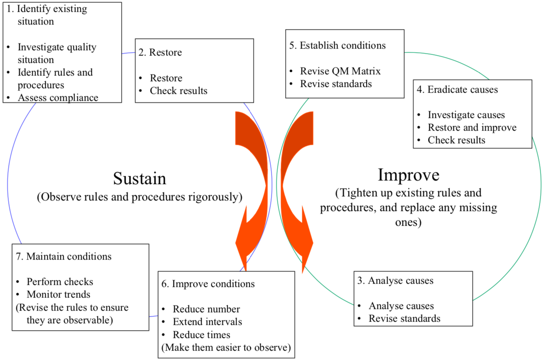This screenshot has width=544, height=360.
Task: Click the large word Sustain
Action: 140,178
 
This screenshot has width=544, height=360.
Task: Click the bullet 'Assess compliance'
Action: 58,98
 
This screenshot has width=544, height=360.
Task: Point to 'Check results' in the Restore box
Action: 178,91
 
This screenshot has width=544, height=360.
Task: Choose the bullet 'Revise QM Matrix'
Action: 340,71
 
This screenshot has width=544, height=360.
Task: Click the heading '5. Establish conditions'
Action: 338,45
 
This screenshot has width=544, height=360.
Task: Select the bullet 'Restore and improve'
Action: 472,127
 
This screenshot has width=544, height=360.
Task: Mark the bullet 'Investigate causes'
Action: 466,115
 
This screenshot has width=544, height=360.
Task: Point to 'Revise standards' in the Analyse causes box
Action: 404,318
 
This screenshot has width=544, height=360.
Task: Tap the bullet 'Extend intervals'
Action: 207,322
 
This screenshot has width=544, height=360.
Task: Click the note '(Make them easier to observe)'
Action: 226,348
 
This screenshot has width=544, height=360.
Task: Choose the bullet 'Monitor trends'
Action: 58,294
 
